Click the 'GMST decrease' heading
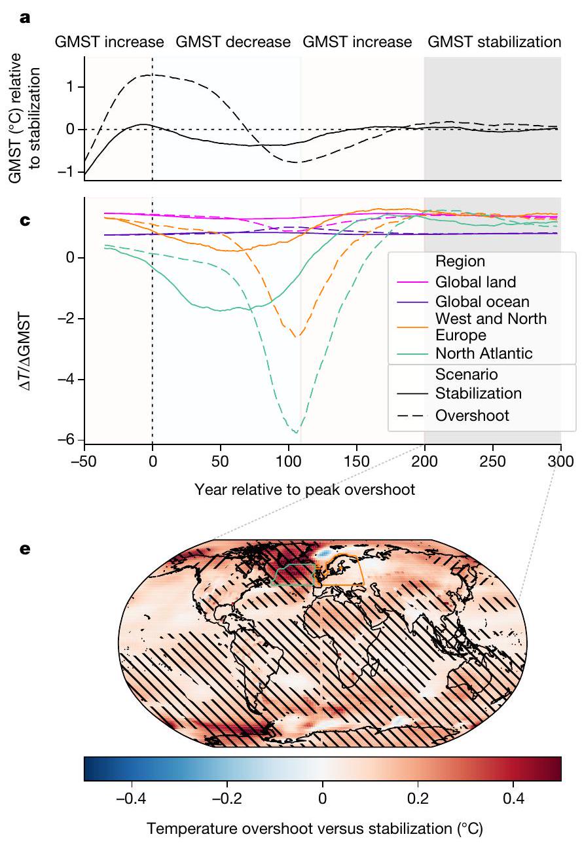(x=232, y=43)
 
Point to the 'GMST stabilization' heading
(x=494, y=43)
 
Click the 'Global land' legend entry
(x=475, y=282)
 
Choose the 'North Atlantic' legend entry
(x=484, y=353)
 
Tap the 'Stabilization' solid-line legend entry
(x=478, y=393)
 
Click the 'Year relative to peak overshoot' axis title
(x=304, y=489)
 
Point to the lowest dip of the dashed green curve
(x=297, y=433)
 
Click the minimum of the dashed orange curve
(x=298, y=336)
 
